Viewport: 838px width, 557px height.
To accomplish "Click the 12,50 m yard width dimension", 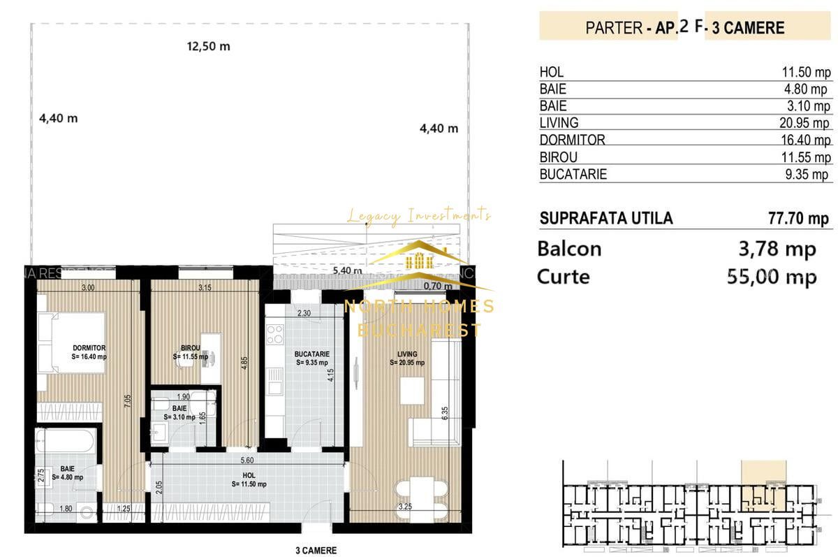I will tap(208, 47).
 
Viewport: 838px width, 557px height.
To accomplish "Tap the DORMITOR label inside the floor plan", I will tap(89, 347).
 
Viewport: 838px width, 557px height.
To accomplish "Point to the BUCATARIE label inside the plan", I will tap(311, 354).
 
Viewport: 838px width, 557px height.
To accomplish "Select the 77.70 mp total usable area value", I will tap(798, 218).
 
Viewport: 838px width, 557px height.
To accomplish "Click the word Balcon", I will tap(569, 249).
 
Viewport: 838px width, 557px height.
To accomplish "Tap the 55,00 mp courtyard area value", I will tap(772, 277).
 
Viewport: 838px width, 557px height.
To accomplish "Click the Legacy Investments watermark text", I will tap(419, 216).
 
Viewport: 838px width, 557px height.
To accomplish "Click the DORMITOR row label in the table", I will tap(572, 140).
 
